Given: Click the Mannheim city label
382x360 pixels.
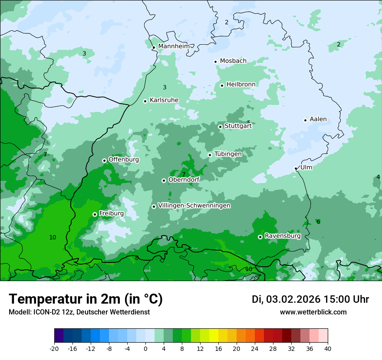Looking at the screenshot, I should click(174, 46).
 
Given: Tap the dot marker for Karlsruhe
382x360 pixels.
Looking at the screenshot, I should click(145, 101).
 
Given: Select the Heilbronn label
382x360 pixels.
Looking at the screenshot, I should click(241, 84).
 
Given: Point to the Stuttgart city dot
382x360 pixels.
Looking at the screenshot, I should click(220, 127).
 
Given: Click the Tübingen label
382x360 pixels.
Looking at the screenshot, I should click(228, 154).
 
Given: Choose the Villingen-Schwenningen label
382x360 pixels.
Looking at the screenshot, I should click(194, 206).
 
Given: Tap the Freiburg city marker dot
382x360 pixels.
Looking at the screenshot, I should click(95, 214).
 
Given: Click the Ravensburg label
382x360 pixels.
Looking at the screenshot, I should click(283, 236).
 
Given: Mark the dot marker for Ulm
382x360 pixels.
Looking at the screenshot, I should click(296, 168).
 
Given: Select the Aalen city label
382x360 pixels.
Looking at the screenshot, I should click(318, 119).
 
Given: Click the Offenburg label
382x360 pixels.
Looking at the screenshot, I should click(124, 160).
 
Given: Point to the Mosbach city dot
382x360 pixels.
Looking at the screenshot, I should click(215, 62).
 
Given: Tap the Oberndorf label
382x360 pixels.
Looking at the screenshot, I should click(184, 180).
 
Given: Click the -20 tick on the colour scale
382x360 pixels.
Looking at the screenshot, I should click(54, 348).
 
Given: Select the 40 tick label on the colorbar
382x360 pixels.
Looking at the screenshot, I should click(328, 348).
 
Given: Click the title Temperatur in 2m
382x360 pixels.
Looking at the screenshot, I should click(86, 299).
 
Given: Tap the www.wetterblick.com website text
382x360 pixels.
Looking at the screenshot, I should click(313, 312).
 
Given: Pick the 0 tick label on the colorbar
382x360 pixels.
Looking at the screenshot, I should click(145, 348).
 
